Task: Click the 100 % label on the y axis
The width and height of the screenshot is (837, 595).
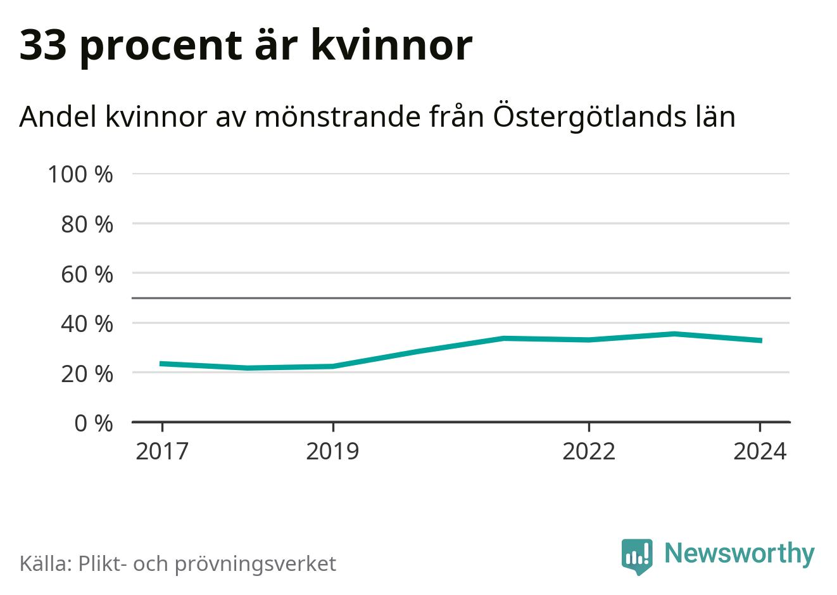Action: pos(80,174)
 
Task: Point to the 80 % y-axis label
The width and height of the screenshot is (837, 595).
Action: pos(87,224)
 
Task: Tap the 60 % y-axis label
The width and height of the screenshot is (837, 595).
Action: pos(87,274)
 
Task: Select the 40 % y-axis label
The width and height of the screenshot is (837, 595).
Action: pos(87,324)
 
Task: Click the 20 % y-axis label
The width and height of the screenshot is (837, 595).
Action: pos(87,374)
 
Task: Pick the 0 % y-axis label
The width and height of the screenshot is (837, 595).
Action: pos(93,423)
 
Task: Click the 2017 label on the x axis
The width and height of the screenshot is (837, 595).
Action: pos(162,452)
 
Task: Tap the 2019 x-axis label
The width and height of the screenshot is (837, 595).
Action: pos(332,452)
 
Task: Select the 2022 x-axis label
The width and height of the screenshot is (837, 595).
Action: pos(589,452)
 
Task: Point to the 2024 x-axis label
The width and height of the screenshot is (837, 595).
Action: pos(760,452)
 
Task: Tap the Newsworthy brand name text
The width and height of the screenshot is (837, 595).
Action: pos(739,553)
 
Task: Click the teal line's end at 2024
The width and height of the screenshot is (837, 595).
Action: pos(760,341)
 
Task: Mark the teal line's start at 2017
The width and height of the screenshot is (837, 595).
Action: pos(162,364)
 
